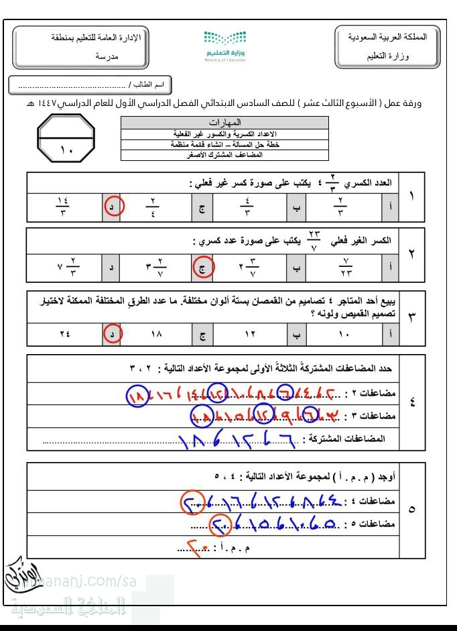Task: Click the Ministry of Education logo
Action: point(224,46)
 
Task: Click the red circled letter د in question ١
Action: point(113,207)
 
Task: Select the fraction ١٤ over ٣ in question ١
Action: point(64,207)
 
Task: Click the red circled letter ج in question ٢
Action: point(202,268)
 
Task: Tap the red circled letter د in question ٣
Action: point(113,333)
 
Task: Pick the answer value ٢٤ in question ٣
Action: point(64,333)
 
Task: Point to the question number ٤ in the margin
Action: point(411,402)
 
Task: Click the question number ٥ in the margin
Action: point(411,510)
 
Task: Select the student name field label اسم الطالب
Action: point(149,85)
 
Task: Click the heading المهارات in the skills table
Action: point(224,123)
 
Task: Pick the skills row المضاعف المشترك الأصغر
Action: point(224,155)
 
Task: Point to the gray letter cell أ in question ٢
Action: point(391,268)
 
